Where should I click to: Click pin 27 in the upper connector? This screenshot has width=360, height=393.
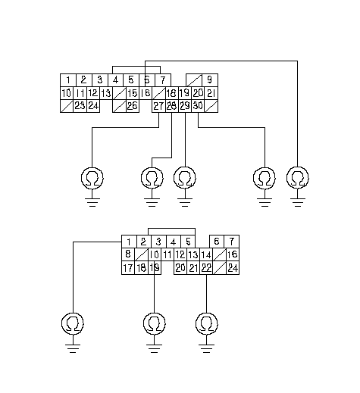point(158,106)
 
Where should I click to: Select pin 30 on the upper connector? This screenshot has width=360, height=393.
point(198,106)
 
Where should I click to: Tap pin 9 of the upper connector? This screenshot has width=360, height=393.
point(210,80)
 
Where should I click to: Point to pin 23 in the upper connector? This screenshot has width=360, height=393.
point(80,106)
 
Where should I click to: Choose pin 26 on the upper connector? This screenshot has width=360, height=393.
point(132,106)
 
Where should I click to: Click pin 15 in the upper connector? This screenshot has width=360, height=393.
point(132,93)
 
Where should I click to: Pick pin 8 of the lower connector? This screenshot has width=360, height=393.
point(128,254)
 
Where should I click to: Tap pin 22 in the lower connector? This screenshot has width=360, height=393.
point(206,268)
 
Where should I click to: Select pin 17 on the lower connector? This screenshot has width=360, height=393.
point(128,268)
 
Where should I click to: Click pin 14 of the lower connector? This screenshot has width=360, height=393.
point(206,254)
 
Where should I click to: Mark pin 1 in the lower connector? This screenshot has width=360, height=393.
point(129,242)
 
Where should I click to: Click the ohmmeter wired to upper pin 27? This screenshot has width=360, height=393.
point(92,178)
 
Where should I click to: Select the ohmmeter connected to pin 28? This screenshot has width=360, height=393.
point(152,178)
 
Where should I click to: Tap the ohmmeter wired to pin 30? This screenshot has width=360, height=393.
point(265,178)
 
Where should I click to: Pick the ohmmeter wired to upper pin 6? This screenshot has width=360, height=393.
point(298,178)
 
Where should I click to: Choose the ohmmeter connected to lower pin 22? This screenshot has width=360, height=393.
point(207,323)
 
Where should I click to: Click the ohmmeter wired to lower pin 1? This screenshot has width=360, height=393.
point(73,323)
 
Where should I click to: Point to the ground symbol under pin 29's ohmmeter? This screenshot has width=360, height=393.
point(185,202)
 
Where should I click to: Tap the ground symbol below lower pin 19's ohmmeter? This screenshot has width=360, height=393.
point(154,348)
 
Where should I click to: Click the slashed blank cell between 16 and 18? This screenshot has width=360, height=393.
point(158,93)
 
